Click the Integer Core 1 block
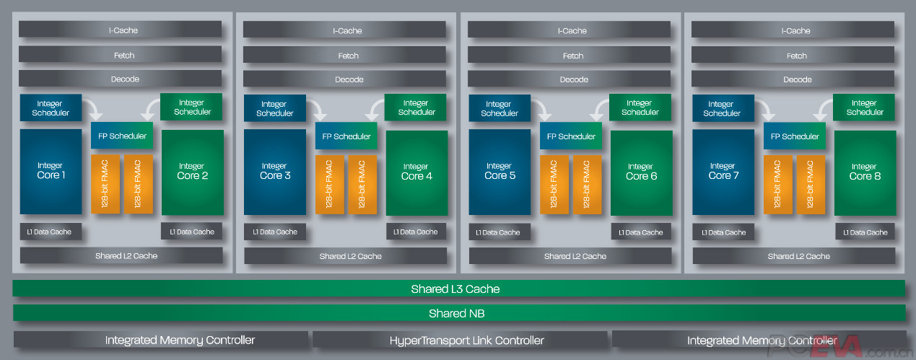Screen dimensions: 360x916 point(51,172)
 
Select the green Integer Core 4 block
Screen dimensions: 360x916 point(416,172)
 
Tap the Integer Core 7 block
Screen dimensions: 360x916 point(723,172)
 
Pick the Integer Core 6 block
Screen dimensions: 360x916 point(641,172)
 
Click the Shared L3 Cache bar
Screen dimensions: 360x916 point(458,289)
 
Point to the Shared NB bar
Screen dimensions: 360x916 point(458,313)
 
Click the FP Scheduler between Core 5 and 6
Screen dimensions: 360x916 point(571,136)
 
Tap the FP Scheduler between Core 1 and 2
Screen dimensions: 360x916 point(122,136)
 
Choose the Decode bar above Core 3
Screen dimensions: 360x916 point(349,79)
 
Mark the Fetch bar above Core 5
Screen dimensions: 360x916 point(572,56)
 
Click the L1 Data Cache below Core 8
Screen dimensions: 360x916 point(866,232)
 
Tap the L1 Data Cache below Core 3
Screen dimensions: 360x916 point(275,232)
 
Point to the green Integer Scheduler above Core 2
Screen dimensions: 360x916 point(192,107)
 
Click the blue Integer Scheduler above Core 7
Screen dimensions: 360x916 point(722,108)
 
